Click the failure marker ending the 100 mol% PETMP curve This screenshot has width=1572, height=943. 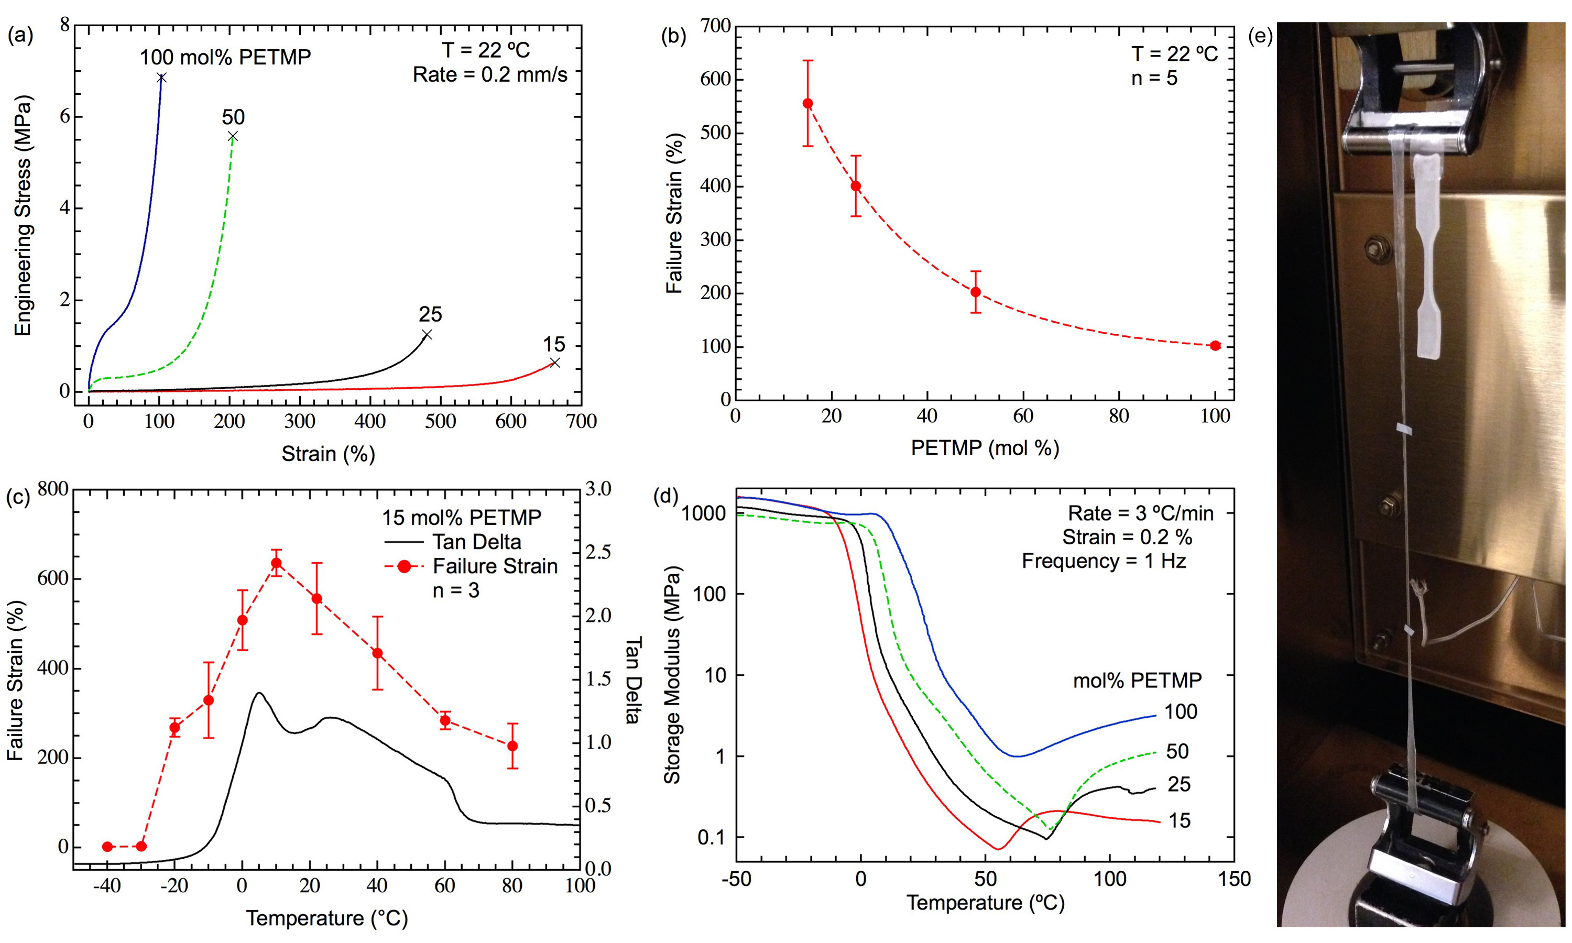(161, 78)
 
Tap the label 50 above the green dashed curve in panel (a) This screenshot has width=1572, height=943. (233, 117)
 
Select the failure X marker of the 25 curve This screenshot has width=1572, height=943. (427, 334)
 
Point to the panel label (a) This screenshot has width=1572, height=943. (20, 36)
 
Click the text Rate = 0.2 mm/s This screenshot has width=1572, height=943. (490, 75)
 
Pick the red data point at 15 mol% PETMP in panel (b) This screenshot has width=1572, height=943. (807, 104)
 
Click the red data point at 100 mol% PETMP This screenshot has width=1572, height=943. (1215, 346)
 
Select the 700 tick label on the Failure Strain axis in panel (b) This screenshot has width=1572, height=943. (715, 26)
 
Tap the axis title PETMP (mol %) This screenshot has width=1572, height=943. (985, 448)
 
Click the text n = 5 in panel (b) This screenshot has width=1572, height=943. (1154, 78)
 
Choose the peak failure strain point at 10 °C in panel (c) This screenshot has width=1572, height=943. (276, 563)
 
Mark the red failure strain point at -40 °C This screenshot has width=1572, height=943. (107, 847)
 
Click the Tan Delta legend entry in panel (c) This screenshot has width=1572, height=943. (476, 542)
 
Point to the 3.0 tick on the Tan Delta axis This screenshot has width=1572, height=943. (598, 489)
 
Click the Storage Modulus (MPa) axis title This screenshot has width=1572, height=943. (672, 675)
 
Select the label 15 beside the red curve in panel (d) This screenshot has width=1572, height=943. (1180, 820)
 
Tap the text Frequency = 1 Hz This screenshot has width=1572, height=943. (1104, 561)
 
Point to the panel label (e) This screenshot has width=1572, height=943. (1260, 36)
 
